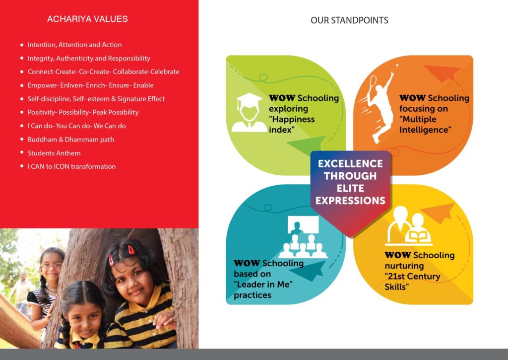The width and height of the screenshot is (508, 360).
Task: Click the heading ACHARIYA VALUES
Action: (x=87, y=19)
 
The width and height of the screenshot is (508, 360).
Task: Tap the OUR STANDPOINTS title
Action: (x=349, y=20)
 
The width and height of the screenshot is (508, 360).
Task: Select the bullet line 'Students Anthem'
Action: (x=54, y=153)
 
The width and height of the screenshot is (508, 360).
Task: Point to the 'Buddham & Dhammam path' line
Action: (x=71, y=140)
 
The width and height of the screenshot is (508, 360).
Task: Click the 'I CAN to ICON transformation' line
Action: (x=71, y=167)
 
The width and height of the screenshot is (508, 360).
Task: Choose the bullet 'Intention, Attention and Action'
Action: (x=75, y=45)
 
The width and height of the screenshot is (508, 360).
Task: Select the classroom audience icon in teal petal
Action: (x=303, y=237)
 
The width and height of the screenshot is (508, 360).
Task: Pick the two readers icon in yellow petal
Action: (x=409, y=226)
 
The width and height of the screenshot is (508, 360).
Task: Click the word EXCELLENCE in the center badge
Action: (x=350, y=164)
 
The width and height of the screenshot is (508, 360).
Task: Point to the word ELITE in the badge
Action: (x=350, y=188)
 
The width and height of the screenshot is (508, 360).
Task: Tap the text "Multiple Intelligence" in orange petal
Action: (x=425, y=125)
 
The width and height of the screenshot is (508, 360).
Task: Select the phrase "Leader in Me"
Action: (x=263, y=285)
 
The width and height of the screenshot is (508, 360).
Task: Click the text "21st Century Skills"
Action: (x=412, y=282)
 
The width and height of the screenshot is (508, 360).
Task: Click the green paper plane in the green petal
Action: (x=306, y=145)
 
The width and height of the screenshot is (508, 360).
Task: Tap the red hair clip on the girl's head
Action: (x=131, y=249)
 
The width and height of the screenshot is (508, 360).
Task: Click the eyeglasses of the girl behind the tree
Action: (x=52, y=265)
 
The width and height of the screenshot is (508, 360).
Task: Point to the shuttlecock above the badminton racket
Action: (x=397, y=66)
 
